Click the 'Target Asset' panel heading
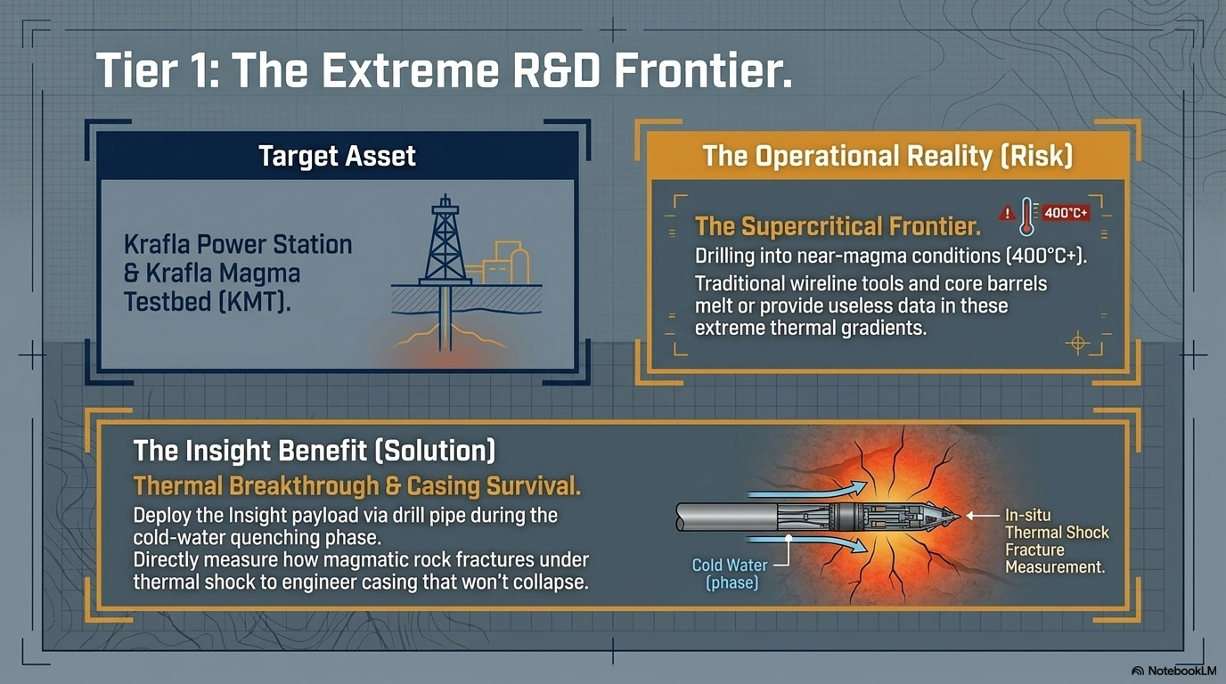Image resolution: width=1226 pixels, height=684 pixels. point(337,156)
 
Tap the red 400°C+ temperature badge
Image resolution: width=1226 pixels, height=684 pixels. point(1066,213)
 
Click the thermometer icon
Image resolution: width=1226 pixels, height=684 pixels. point(1026,217)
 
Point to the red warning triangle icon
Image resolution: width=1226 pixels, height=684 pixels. point(1007,214)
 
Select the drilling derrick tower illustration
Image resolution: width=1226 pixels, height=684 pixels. point(445,240)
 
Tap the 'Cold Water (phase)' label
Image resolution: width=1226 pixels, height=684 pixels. point(731,574)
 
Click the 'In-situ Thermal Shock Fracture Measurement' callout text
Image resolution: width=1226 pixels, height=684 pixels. point(1057,541)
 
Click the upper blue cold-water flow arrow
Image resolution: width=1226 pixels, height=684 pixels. point(808,490)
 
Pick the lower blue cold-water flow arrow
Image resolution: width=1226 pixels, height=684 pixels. point(808,542)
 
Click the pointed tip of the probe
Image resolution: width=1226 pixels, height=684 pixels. point(959,516)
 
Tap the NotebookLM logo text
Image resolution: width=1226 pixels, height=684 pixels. point(1173,671)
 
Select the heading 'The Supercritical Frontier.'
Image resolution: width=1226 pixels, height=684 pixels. point(838,226)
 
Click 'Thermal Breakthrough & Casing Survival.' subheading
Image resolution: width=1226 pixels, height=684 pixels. point(357,486)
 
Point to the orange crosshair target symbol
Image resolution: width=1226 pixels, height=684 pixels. point(1078,343)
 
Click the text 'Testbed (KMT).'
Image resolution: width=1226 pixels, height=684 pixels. point(207,302)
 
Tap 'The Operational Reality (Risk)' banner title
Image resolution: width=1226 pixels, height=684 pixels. point(887,156)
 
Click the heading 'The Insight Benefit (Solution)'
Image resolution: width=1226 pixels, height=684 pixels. point(315,451)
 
